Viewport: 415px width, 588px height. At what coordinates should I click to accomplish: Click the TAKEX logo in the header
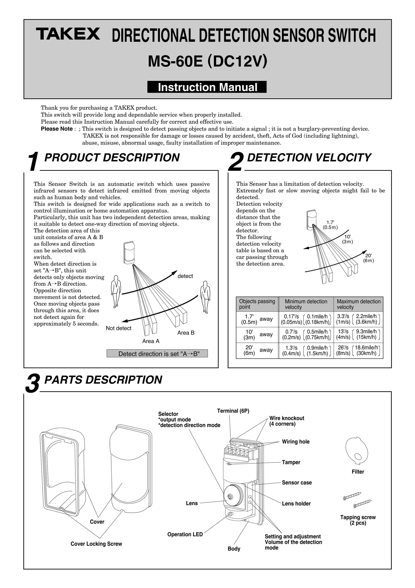(x=68, y=34)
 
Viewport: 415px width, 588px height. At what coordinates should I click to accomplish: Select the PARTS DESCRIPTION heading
(x=103, y=380)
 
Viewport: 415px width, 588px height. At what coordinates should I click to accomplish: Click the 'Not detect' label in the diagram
(x=119, y=328)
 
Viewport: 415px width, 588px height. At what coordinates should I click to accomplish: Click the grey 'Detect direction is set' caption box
(x=157, y=354)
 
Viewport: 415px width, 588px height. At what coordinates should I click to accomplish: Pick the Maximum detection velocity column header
(x=358, y=304)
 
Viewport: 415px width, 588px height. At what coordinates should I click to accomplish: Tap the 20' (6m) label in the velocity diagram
(x=368, y=258)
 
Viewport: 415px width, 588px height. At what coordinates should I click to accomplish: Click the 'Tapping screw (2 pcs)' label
(x=358, y=520)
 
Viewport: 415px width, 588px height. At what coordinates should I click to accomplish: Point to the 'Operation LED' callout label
(x=185, y=534)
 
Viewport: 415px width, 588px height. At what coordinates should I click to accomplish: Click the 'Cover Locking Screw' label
(x=96, y=544)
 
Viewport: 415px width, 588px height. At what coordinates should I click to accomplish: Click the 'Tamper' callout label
(x=291, y=462)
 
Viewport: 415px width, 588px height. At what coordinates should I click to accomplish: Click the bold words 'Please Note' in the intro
(x=57, y=129)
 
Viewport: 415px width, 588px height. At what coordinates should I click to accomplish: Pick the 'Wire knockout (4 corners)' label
(x=287, y=421)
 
